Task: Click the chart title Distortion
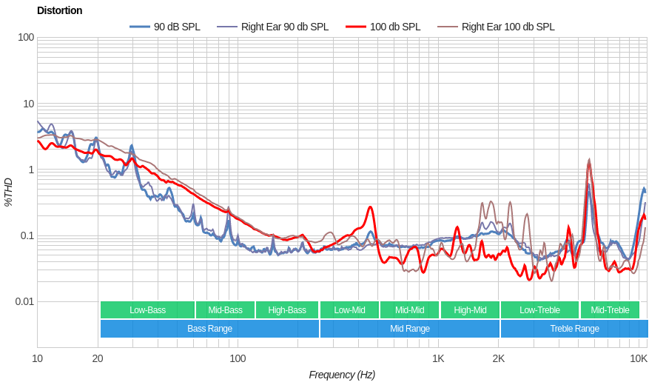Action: (60, 10)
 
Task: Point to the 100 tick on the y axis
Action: (26, 37)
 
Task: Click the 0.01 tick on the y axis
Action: (24, 301)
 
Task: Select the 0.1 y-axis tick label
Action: (26, 235)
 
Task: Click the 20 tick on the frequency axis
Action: (98, 358)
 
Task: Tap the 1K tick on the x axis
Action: (438, 358)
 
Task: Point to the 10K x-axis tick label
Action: (639, 358)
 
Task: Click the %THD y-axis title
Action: (9, 192)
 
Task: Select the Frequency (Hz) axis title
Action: (342, 375)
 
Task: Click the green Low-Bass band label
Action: (147, 310)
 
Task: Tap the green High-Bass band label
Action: (287, 310)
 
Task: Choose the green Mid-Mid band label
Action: (409, 310)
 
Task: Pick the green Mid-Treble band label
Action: (610, 310)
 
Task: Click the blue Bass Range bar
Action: (209, 329)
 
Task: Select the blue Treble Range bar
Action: (574, 329)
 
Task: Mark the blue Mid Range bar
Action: (409, 329)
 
